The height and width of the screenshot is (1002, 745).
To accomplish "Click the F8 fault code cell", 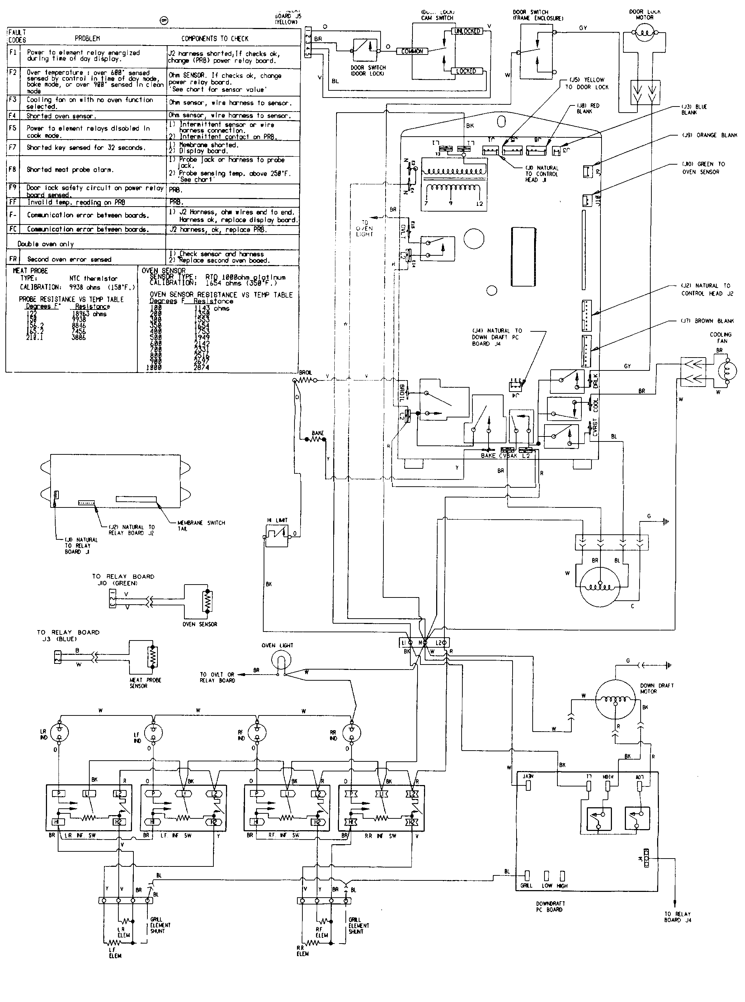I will tap(12, 170).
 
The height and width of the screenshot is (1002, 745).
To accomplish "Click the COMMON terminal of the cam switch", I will tap(412, 51).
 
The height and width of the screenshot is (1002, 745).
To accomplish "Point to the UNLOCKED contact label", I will tap(467, 31).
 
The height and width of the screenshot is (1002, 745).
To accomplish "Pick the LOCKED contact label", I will tap(466, 71).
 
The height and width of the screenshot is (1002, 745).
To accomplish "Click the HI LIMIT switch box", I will tap(277, 536).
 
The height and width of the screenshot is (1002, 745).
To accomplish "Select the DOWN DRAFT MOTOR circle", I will tap(615, 700).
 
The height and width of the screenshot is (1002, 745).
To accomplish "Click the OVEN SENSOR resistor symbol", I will tap(207, 601).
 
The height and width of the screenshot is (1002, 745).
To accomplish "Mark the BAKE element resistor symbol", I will tap(317, 439).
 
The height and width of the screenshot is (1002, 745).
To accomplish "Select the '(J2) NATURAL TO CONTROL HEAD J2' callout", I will tap(707, 289).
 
